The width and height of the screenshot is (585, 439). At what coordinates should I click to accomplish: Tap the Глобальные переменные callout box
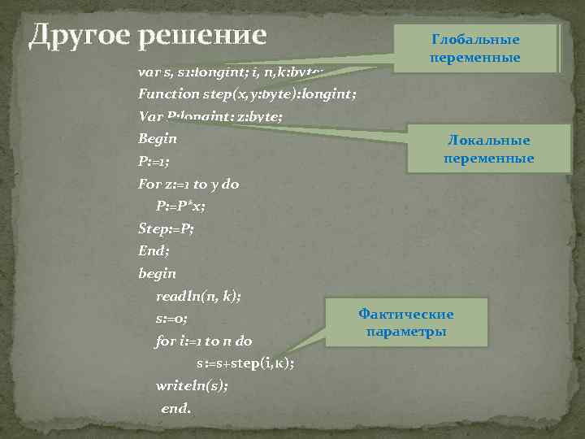[476, 48]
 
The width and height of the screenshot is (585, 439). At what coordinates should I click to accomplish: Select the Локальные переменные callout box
[489, 150]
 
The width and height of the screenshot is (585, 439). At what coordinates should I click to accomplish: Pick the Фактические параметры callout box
[406, 323]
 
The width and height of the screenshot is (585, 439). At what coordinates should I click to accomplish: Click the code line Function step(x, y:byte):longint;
[247, 93]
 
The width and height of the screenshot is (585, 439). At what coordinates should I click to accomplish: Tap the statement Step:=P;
[166, 228]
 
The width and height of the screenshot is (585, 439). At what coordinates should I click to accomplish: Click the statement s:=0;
[171, 319]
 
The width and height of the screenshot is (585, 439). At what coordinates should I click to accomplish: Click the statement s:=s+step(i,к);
[245, 363]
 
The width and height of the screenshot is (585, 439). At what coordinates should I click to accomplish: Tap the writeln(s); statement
[192, 385]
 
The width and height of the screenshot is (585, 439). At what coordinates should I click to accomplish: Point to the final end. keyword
[176, 408]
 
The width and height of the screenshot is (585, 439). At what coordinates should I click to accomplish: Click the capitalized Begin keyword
[158, 138]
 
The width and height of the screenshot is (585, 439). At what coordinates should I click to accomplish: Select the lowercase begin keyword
[157, 274]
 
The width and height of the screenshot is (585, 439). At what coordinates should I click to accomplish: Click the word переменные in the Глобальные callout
[476, 58]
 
